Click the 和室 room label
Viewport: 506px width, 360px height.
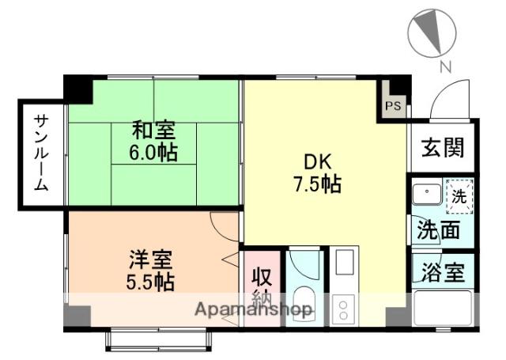coord(153,129)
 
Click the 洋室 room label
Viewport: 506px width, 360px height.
coord(151,259)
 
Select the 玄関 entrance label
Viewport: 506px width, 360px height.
coord(442,148)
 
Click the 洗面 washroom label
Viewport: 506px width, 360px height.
coord(439,231)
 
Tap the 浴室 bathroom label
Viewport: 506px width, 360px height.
coord(441,271)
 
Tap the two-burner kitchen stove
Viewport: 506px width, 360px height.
coord(344,307)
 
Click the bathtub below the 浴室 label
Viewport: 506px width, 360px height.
coord(442,307)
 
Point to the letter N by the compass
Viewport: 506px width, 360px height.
coord(445,67)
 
